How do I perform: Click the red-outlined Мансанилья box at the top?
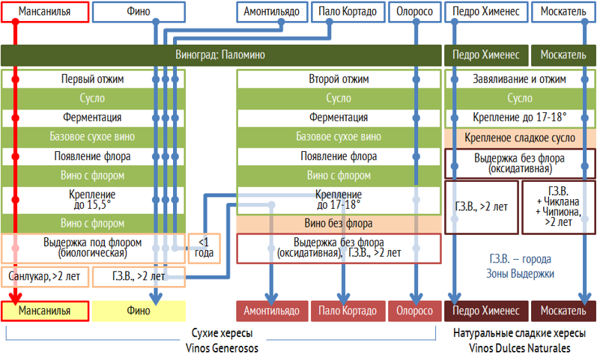point(45,12)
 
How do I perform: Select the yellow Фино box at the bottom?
point(139,311)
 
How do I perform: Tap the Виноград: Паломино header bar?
point(221,55)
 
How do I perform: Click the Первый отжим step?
point(92,79)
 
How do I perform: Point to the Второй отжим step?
point(339,79)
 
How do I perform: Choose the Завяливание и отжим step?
point(520,79)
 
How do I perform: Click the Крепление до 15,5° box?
point(92,198)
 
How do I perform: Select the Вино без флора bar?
point(339,223)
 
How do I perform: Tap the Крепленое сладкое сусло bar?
point(520,138)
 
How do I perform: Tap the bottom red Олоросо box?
point(414,311)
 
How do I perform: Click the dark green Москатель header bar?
point(564,55)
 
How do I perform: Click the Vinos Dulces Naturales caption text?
point(519,348)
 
